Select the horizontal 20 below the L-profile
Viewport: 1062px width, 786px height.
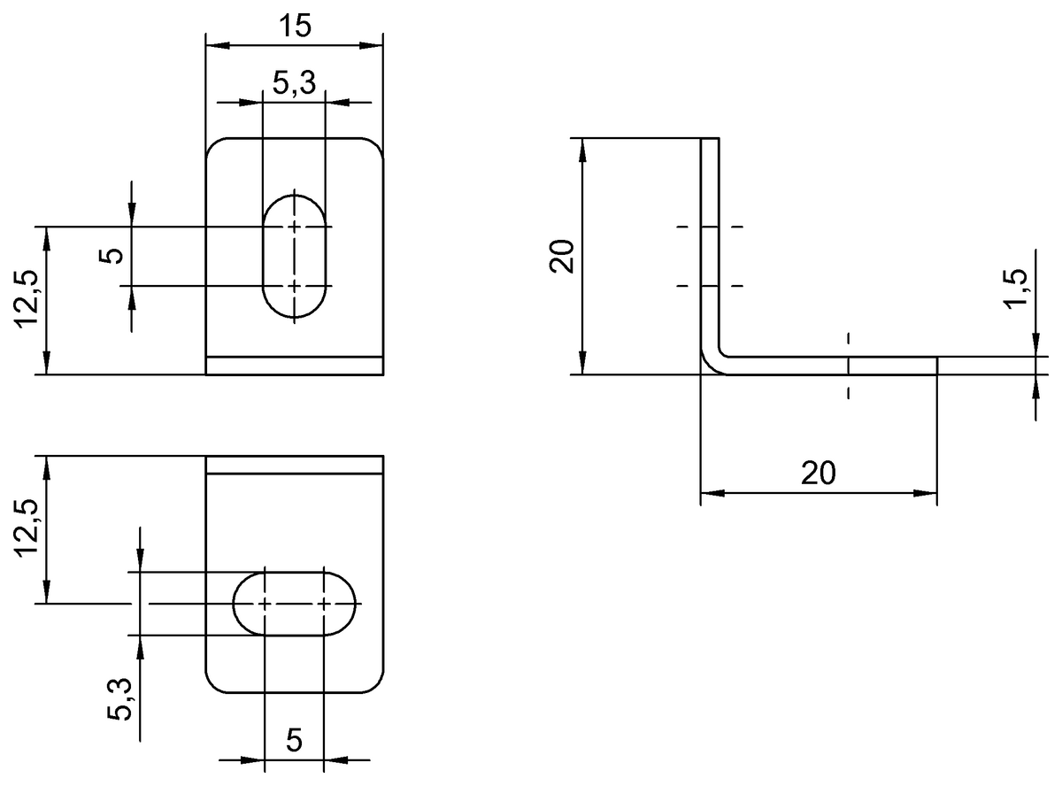click(x=818, y=474)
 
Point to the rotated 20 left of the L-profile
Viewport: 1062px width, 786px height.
click(x=564, y=257)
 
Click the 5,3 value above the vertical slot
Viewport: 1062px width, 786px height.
click(x=294, y=84)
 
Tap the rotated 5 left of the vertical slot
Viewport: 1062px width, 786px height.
click(x=112, y=257)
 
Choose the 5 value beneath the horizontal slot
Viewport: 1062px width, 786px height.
click(x=294, y=740)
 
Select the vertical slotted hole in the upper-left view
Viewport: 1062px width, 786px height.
click(x=294, y=256)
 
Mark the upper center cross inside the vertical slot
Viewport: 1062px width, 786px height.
click(x=294, y=227)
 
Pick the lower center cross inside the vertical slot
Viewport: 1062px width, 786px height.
click(x=294, y=286)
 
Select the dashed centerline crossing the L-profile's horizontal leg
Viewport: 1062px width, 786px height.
click(x=848, y=366)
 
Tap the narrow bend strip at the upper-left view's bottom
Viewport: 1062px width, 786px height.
click(x=295, y=366)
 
